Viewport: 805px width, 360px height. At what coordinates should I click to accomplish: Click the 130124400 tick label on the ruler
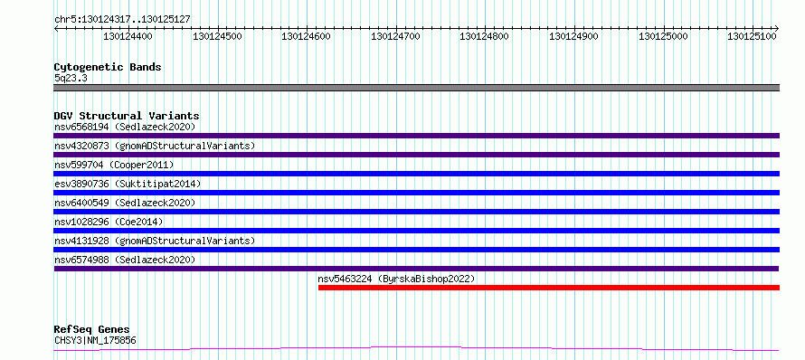coord(128,36)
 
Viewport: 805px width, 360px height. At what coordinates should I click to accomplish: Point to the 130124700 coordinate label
coord(395,36)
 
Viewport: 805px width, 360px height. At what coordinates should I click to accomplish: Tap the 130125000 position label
coord(663,36)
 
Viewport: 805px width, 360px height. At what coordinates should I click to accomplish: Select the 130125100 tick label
coord(753,36)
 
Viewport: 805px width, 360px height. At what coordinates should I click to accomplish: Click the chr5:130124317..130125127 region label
coord(122,20)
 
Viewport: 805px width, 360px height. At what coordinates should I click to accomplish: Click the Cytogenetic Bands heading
coord(108,67)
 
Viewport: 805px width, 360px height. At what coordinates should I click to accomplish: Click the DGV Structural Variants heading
coord(127,116)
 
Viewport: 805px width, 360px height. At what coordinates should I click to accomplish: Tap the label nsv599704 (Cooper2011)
coord(114,165)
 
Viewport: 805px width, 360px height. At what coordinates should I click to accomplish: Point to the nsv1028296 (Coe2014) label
coord(109,222)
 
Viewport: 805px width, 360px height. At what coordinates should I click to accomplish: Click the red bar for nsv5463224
coord(549,288)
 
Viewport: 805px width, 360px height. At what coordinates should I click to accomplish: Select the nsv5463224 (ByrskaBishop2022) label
coord(396,279)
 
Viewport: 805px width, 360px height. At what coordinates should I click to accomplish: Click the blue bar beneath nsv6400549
coord(416,212)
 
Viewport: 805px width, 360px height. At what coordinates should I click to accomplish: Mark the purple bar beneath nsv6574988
coord(416,269)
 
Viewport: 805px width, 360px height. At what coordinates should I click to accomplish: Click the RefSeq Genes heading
coord(92,330)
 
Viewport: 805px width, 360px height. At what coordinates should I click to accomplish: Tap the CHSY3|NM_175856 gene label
coord(95,340)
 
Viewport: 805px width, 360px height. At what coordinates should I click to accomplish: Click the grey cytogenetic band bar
coord(416,88)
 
